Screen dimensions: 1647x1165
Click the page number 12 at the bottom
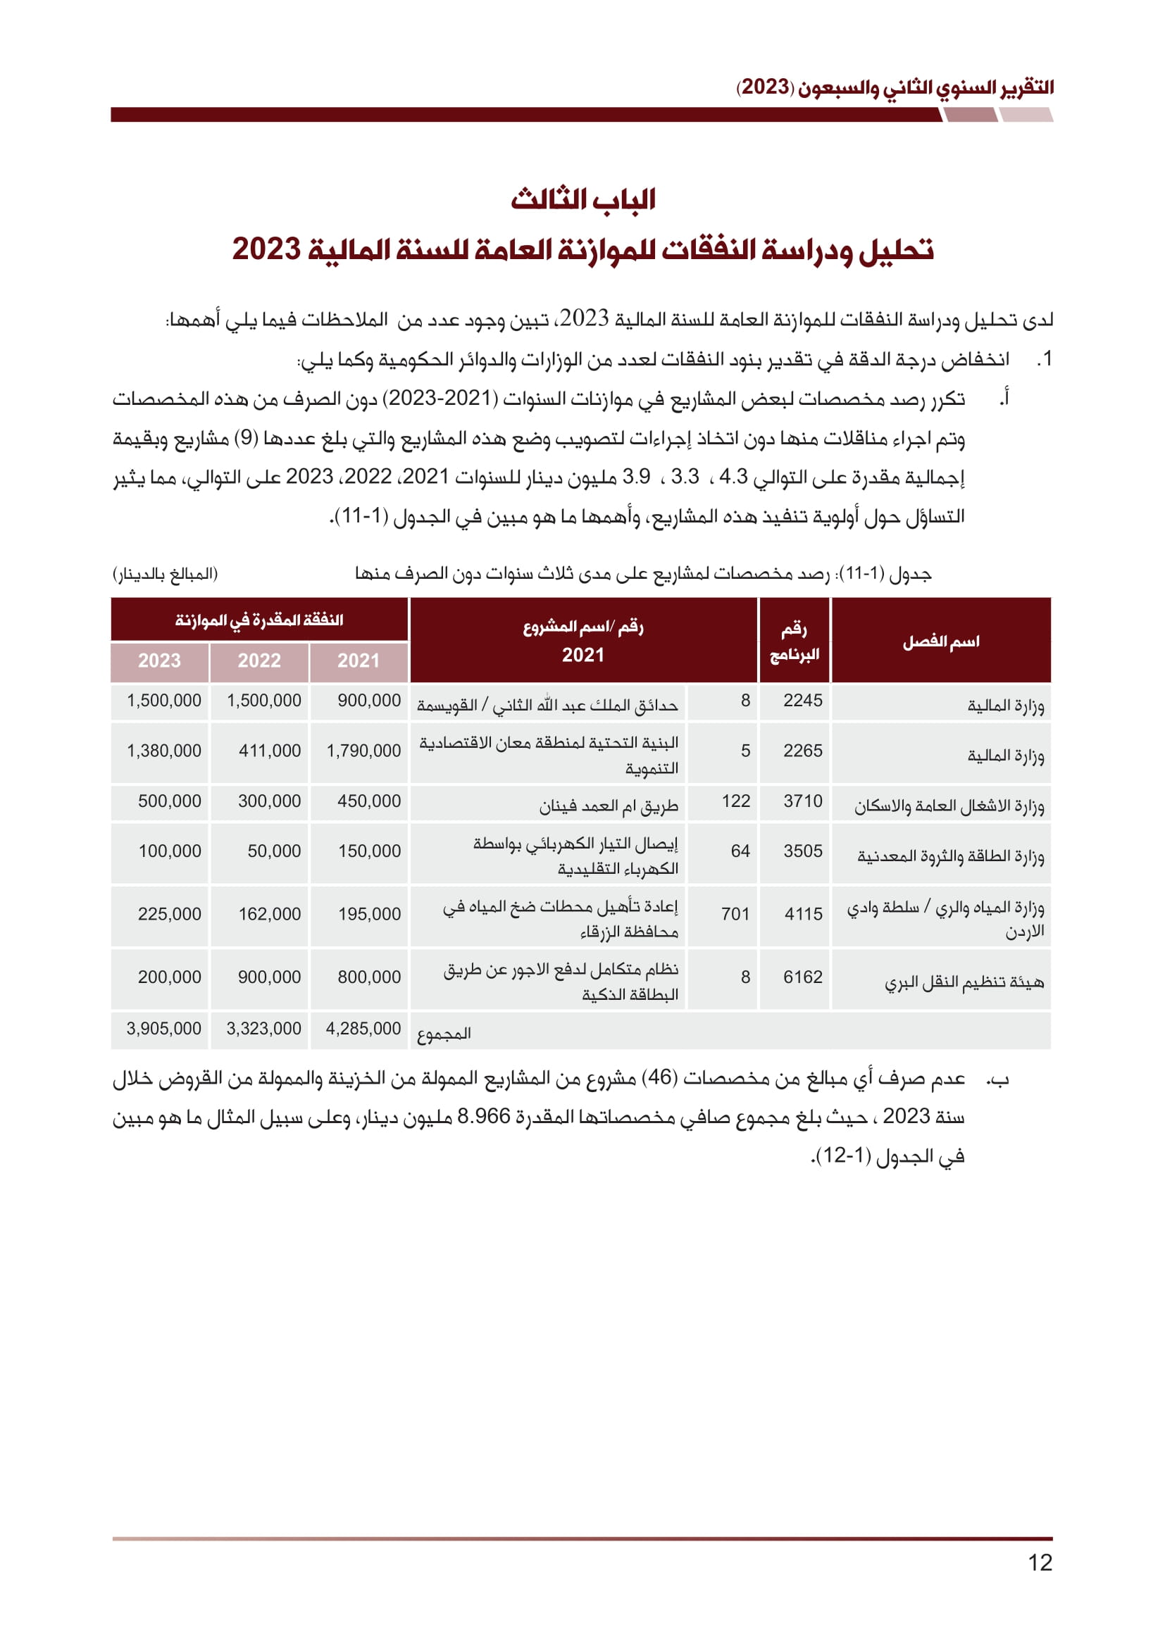[x=1040, y=1562]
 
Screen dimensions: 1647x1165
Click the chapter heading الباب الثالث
[x=582, y=199]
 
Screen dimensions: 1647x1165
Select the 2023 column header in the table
[x=159, y=660]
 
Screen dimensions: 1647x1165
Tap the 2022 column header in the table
[x=259, y=660]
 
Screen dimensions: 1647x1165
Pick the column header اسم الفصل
[x=940, y=641]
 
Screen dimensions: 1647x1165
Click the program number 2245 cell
[x=802, y=701]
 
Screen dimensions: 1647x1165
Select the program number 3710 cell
[x=802, y=801]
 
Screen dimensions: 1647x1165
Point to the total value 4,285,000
[x=363, y=1029]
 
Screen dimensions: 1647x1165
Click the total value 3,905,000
[x=163, y=1029]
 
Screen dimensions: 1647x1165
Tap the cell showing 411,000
[x=269, y=751]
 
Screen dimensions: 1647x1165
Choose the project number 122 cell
[x=735, y=801]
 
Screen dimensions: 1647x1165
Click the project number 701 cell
[x=735, y=914]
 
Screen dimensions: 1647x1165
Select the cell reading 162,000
[x=269, y=914]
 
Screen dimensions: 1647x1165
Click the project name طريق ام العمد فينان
[x=609, y=806]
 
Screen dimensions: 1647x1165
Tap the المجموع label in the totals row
[x=444, y=1034]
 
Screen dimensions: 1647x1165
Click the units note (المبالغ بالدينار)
[x=165, y=574]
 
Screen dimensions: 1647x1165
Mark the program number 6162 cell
[x=802, y=977]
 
